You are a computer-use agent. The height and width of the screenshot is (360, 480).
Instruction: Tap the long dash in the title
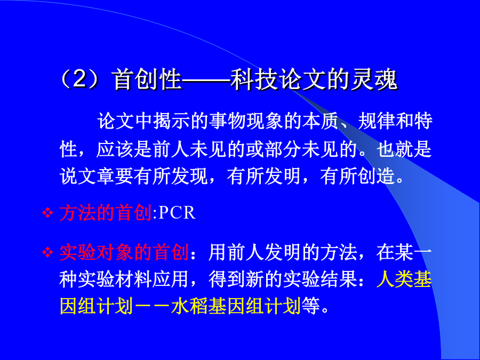(206, 80)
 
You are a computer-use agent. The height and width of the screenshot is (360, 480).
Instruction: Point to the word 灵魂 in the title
(373, 79)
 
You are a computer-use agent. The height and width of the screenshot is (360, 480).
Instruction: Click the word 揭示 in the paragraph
(172, 121)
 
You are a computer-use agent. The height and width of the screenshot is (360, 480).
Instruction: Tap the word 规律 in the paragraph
(377, 121)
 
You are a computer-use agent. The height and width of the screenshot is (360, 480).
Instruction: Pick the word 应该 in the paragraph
(115, 149)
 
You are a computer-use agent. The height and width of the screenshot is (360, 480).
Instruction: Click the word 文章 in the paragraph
(97, 177)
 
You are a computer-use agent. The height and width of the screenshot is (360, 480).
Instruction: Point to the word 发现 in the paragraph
(190, 177)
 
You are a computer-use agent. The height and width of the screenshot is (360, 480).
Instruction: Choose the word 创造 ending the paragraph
(377, 177)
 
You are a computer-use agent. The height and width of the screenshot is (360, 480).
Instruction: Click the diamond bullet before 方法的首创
(48, 213)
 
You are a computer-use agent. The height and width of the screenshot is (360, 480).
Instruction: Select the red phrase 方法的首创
(106, 212)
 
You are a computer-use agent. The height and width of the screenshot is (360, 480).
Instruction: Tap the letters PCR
(177, 212)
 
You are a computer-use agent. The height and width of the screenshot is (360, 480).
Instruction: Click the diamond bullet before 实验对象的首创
(48, 253)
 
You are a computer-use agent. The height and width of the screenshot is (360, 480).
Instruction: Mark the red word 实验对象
(97, 253)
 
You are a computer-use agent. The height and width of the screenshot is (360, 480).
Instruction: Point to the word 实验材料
(115, 279)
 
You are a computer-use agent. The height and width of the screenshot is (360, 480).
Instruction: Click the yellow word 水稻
(190, 306)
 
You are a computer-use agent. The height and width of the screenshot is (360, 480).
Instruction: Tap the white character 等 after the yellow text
(311, 306)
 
